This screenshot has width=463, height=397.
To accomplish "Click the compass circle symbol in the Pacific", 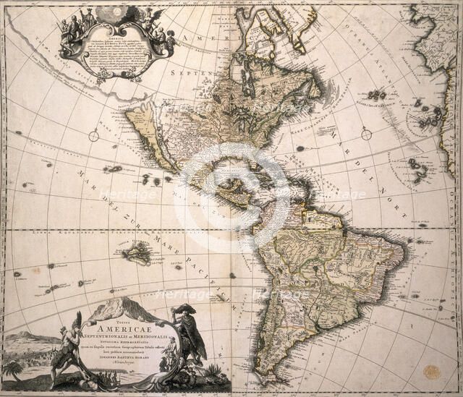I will pos(94,135).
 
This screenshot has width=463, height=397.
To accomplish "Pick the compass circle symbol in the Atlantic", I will pos(367,134).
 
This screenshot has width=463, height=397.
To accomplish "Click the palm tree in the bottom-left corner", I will pos(12,369).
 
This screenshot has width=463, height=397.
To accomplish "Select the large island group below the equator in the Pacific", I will pos(136,253).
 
